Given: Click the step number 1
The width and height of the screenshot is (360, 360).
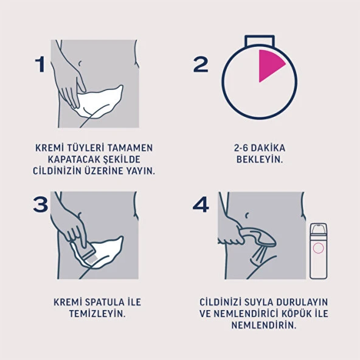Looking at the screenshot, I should pyautogui.click(x=41, y=64).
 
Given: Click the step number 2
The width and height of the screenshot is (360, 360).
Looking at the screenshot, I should pyautogui.click(x=201, y=64).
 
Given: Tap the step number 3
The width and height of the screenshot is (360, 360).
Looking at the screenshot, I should pyautogui.click(x=41, y=205).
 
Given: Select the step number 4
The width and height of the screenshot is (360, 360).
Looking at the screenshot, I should pyautogui.click(x=201, y=205).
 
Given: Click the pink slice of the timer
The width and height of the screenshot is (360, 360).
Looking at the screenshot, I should pyautogui.click(x=270, y=65).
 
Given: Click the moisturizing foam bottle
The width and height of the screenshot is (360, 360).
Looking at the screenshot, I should pyautogui.click(x=318, y=251).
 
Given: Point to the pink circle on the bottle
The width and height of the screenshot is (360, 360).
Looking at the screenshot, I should pyautogui.click(x=318, y=247).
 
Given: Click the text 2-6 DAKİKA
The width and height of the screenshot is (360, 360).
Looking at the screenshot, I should pyautogui.click(x=259, y=148).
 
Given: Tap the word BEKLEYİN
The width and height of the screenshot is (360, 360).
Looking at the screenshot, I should pyautogui.click(x=260, y=159).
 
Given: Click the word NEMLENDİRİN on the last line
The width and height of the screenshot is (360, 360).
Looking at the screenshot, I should pyautogui.click(x=263, y=325).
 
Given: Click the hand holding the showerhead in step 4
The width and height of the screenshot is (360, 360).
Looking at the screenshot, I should pyautogui.click(x=229, y=231).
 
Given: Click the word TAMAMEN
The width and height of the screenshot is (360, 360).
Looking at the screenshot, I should pyautogui.click(x=130, y=148).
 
